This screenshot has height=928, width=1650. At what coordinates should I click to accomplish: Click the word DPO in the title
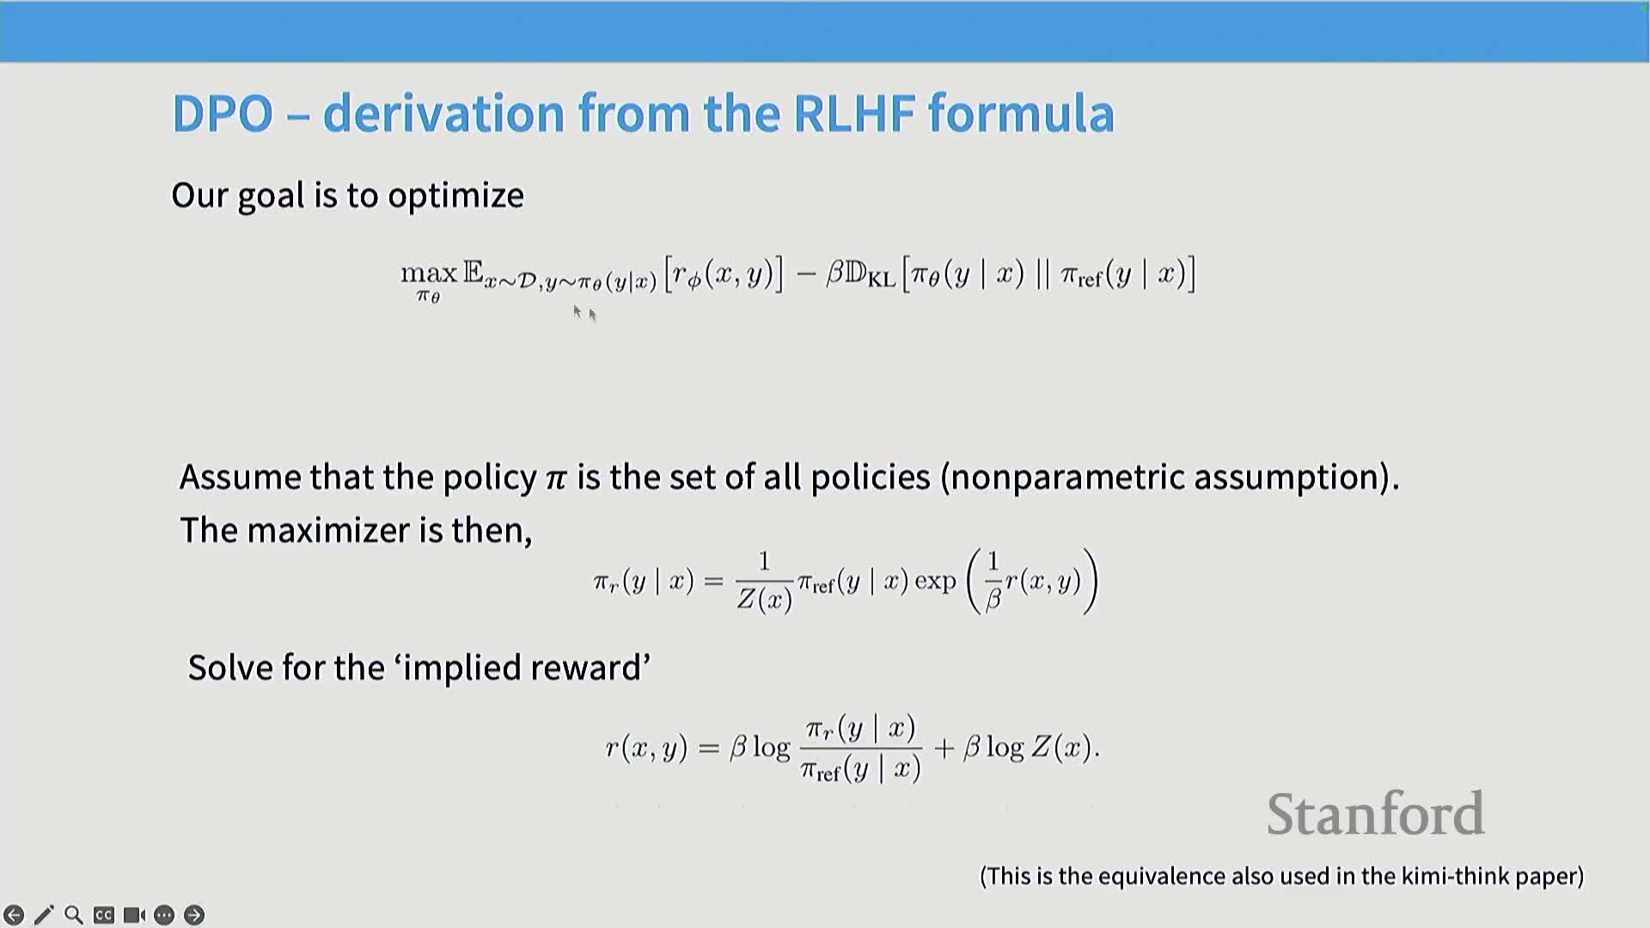[223, 113]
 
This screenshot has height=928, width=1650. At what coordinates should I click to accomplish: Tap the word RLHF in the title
[853, 113]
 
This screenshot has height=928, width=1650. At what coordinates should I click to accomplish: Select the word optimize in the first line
[455, 196]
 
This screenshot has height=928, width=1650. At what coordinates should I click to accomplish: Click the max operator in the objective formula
[429, 274]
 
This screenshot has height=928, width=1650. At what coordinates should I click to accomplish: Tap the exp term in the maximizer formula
[935, 582]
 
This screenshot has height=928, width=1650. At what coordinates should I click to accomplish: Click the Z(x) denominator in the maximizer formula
[764, 599]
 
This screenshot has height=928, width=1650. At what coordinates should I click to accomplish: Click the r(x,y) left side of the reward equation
[646, 748]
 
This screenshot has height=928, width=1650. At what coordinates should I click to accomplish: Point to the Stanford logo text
[1375, 814]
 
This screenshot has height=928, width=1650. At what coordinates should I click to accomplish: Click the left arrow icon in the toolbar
[14, 915]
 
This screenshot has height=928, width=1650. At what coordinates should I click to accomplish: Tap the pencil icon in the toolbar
[44, 915]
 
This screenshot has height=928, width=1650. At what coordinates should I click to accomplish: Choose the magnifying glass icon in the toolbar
[74, 915]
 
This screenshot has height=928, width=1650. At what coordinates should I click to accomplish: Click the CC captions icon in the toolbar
[104, 915]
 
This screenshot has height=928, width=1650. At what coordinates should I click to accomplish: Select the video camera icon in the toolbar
[134, 915]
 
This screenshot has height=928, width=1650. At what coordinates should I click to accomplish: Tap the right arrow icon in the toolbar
[194, 915]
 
